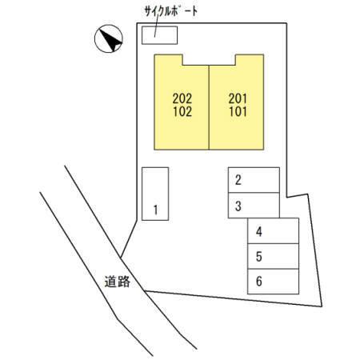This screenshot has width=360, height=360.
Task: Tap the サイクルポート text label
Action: coord(171,11)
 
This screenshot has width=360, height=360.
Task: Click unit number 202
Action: coord(182,98)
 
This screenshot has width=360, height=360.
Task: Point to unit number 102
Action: coord(182,111)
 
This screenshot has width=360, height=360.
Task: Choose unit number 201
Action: coord(238,98)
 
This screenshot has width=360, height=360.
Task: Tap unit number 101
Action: coord(238,111)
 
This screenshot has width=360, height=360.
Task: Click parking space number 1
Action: coord(155,194)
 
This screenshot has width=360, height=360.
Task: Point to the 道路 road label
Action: coord(118,282)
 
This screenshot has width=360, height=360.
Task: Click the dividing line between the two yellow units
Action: coord(209,107)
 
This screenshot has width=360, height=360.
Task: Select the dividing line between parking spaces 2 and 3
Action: coord(254,193)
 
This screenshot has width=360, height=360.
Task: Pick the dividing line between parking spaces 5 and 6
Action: coord(273,269)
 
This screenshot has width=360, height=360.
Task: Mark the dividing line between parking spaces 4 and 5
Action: coord(273,243)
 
